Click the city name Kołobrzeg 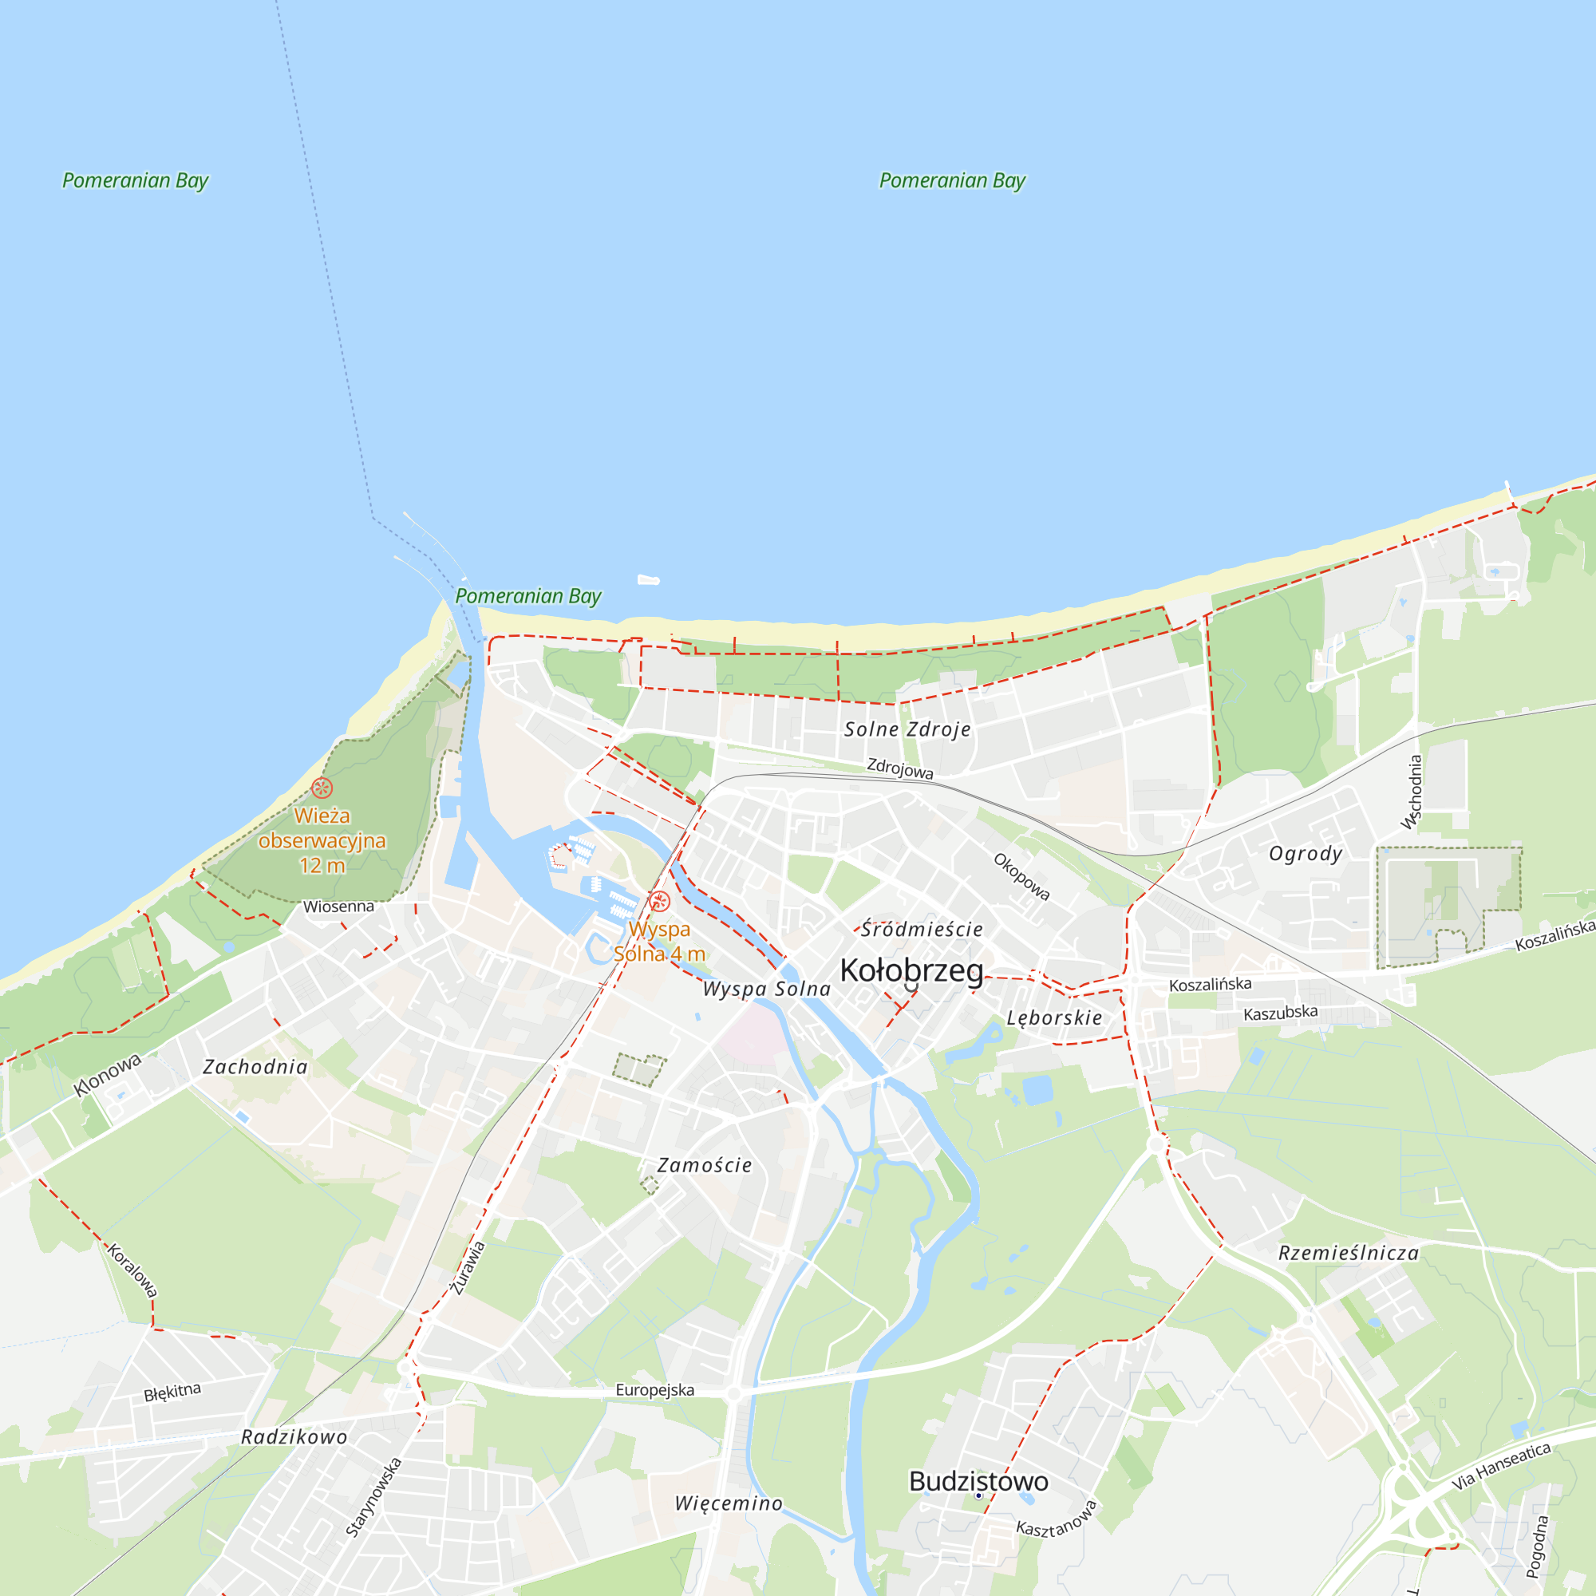click(911, 970)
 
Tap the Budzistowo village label click(978, 1481)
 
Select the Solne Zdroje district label click(907, 729)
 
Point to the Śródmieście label click(922, 930)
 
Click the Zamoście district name click(705, 1166)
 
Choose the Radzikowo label click(294, 1437)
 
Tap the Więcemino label click(729, 1503)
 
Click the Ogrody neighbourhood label click(1306, 853)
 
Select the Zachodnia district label click(255, 1067)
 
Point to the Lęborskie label click(1054, 1017)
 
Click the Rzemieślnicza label click(1348, 1253)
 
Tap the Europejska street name click(654, 1390)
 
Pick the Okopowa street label click(1022, 876)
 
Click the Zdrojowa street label click(899, 768)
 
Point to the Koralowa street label click(132, 1270)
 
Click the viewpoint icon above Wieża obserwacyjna click(322, 788)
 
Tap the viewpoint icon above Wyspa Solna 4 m click(658, 901)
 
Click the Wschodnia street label click(1412, 792)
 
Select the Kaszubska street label click(1281, 1012)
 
